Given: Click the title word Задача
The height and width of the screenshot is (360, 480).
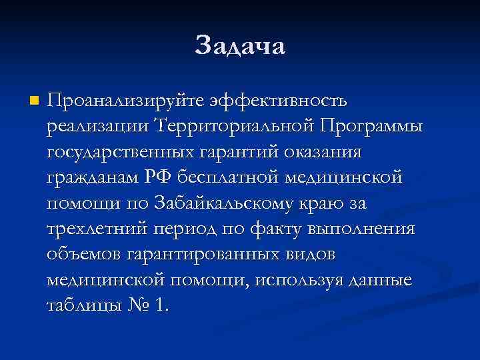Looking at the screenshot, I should coord(240,46).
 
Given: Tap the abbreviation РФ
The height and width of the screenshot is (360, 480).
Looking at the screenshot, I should coord(161,178).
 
